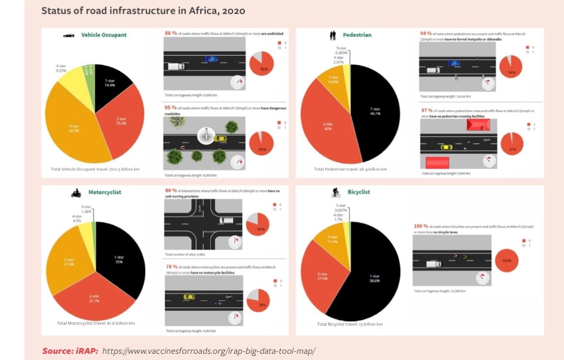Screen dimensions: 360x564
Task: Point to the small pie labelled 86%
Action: click(x=262, y=63)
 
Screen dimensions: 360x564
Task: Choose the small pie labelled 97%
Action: click(x=511, y=144)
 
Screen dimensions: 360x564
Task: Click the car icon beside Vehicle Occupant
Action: click(x=69, y=35)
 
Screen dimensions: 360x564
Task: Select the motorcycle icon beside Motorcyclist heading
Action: click(x=76, y=193)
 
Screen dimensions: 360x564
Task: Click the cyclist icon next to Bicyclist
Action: click(x=336, y=193)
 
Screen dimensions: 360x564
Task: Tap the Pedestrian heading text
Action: click(x=357, y=35)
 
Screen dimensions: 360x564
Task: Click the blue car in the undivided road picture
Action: click(x=211, y=59)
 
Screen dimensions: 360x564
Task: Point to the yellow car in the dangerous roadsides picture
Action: click(x=220, y=139)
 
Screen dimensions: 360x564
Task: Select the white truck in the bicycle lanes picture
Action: click(x=434, y=263)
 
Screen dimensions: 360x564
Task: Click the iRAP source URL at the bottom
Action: click(x=209, y=351)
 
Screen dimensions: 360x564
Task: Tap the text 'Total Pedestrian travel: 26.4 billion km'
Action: click(x=350, y=169)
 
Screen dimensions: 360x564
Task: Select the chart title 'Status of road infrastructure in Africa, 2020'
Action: click(x=143, y=11)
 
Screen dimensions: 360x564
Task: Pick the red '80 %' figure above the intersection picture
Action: click(x=170, y=190)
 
